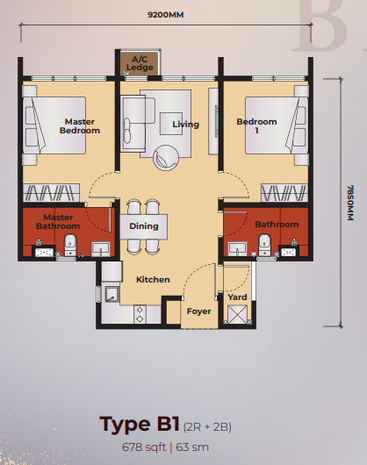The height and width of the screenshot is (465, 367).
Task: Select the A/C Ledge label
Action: coord(140,63)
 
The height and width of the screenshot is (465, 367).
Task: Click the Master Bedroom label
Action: coord(80,126)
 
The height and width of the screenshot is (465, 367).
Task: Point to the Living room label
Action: coord(185,125)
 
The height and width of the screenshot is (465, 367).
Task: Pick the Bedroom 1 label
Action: coord(257,126)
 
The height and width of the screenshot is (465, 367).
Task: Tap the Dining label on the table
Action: coord(144,226)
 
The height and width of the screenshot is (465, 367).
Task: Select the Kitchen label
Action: coord(153,280)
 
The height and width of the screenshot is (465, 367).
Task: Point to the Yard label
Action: coord(237,297)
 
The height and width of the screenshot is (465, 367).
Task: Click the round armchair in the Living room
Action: coord(166,158)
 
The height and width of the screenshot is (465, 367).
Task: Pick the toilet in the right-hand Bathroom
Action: coord(264,246)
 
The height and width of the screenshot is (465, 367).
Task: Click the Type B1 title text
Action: coord(139,425)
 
